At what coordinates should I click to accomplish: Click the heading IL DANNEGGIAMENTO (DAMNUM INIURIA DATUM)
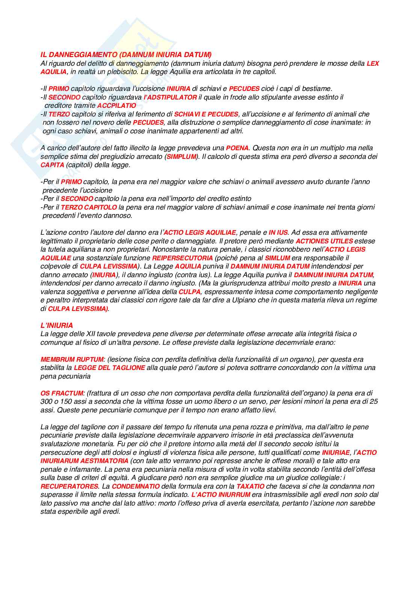pos(126,55)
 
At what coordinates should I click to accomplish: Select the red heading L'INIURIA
pos(57,325)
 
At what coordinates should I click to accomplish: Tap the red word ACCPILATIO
pos(116,106)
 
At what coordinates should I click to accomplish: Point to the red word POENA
pos(237,148)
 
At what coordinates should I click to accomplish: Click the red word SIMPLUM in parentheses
pos(181,156)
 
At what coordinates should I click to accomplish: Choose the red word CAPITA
pos(52,165)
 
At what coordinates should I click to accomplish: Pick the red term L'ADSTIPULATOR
pos(170,97)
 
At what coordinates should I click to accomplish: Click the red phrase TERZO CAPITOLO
pos(89,207)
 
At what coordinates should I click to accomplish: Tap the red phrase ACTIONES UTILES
pos(324,241)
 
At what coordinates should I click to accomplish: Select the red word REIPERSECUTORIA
pos(182,258)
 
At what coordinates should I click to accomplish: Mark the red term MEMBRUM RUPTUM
pos(72,359)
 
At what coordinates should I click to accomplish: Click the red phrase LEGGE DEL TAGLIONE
pos(109,368)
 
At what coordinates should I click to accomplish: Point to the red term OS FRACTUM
pos(62,393)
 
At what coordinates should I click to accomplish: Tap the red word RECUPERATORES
pos(69,486)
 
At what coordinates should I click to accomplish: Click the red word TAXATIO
pos(250,486)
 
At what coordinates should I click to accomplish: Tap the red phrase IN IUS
pos(278,232)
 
